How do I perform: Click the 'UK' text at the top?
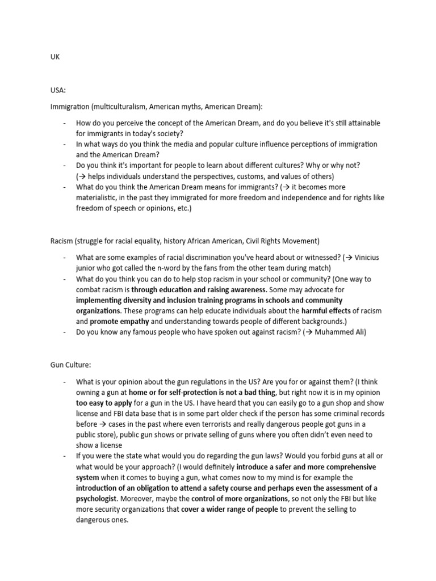pyautogui.click(x=55, y=57)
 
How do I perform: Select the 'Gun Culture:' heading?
pyautogui.click(x=69, y=365)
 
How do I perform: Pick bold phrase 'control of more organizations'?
pyautogui.click(x=239, y=498)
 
